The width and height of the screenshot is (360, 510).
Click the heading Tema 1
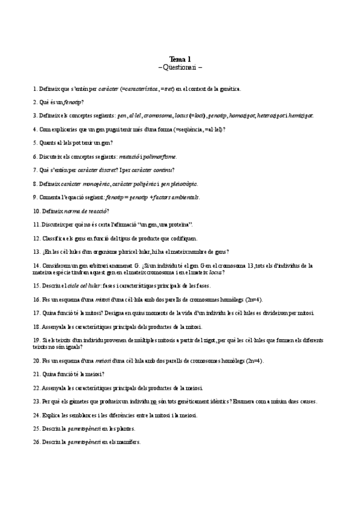(x=180, y=59)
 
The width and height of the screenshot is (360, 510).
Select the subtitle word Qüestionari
(x=180, y=67)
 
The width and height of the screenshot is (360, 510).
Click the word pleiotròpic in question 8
(x=183, y=183)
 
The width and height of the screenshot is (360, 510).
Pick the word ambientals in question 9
(x=184, y=197)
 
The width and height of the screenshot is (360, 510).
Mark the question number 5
(x=35, y=143)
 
